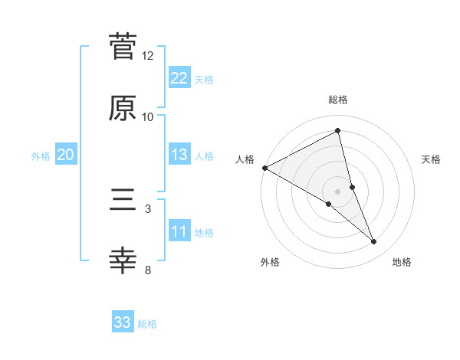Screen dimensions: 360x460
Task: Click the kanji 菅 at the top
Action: (123, 47)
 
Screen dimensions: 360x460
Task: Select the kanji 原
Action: (123, 108)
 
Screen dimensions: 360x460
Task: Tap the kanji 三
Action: (123, 200)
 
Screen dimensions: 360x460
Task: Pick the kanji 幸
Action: (123, 261)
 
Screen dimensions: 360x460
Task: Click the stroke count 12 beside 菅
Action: (148, 56)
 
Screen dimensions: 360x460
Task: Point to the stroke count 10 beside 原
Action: (148, 117)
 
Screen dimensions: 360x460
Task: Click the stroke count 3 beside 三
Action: (148, 208)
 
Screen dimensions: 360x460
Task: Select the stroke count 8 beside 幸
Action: (148, 270)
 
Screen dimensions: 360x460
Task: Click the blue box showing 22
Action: (179, 77)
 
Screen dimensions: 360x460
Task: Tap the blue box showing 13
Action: (179, 155)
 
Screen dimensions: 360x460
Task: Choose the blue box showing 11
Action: (179, 231)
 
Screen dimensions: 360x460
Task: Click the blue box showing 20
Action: (65, 155)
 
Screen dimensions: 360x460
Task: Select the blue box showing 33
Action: (123, 322)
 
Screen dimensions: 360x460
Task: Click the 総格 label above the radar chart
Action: (338, 100)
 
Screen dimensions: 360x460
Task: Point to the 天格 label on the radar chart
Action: (432, 159)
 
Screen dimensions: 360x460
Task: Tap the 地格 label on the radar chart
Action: (402, 262)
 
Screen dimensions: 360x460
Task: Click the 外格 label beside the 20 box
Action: (41, 155)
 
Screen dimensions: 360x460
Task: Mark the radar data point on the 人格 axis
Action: (264, 168)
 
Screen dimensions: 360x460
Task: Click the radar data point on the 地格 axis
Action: (374, 242)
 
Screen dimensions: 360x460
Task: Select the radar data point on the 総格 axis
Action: (338, 131)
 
